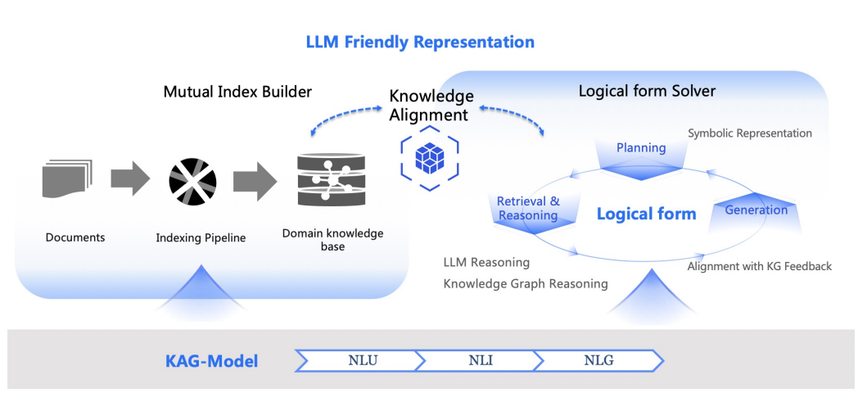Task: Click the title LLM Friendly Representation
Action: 420,42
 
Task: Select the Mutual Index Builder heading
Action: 237,91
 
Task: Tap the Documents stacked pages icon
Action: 67,179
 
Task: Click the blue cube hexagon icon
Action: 429,156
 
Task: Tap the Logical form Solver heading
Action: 647,91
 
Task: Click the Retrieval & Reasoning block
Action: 528,210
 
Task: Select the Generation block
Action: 756,210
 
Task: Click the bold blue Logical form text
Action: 646,215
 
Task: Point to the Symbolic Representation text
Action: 749,133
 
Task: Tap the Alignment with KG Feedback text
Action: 759,266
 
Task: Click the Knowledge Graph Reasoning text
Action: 526,283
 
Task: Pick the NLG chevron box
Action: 598,360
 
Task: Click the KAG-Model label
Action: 213,361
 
